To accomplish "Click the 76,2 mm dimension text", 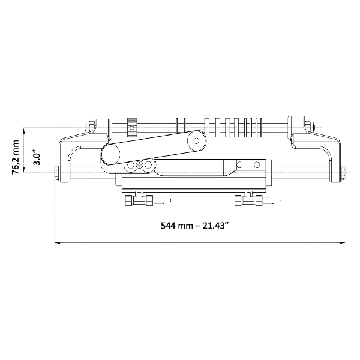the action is (x=16, y=157).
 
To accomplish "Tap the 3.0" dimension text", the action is (x=37, y=157).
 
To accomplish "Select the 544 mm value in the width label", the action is (x=177, y=226).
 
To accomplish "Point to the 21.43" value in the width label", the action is (x=216, y=226).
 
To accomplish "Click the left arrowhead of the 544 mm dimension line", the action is (x=57, y=242).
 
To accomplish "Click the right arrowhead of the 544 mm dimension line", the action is (x=343, y=242).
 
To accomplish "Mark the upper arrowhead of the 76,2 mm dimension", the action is (x=24, y=131).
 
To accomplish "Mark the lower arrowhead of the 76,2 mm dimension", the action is (x=24, y=169).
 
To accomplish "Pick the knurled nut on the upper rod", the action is (x=132, y=127).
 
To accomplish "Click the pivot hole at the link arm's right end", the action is (x=196, y=140).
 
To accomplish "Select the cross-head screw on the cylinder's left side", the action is (x=139, y=164).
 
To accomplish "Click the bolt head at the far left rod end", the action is (x=56, y=173).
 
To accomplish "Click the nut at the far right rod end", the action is (x=343, y=173).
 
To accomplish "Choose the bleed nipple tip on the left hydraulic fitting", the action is (x=169, y=200).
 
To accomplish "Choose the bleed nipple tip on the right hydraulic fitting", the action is (x=278, y=200).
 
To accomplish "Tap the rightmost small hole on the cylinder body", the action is (x=257, y=164).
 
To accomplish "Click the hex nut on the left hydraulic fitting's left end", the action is (x=128, y=200).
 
